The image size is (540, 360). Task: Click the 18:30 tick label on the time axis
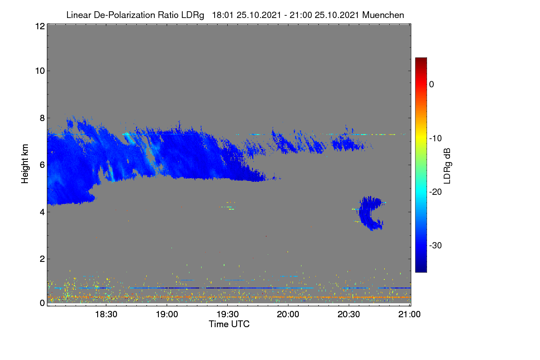[x=106, y=315]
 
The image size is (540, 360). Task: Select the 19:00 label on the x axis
[x=167, y=315]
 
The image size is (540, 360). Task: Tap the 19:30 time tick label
[x=228, y=315]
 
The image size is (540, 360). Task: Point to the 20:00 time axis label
[x=288, y=315]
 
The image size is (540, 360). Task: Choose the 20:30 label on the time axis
[x=349, y=315]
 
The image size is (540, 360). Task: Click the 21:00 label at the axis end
[x=409, y=315]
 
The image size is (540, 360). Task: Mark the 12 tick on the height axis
[x=40, y=26]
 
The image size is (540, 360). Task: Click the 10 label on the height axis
[x=40, y=71]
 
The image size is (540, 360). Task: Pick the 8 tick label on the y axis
[x=42, y=118]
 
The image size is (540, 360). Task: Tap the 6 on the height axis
[x=42, y=165]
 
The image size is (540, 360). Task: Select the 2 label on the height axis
[x=42, y=259]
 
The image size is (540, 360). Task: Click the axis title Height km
[x=25, y=164]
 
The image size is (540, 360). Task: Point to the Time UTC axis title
[x=229, y=324]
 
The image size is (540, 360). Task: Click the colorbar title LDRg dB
[x=447, y=166]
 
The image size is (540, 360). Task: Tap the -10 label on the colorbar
[x=436, y=139]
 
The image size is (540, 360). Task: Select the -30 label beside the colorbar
[x=436, y=245]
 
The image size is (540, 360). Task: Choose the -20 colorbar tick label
[x=436, y=192]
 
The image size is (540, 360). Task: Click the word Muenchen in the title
[x=383, y=15]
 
